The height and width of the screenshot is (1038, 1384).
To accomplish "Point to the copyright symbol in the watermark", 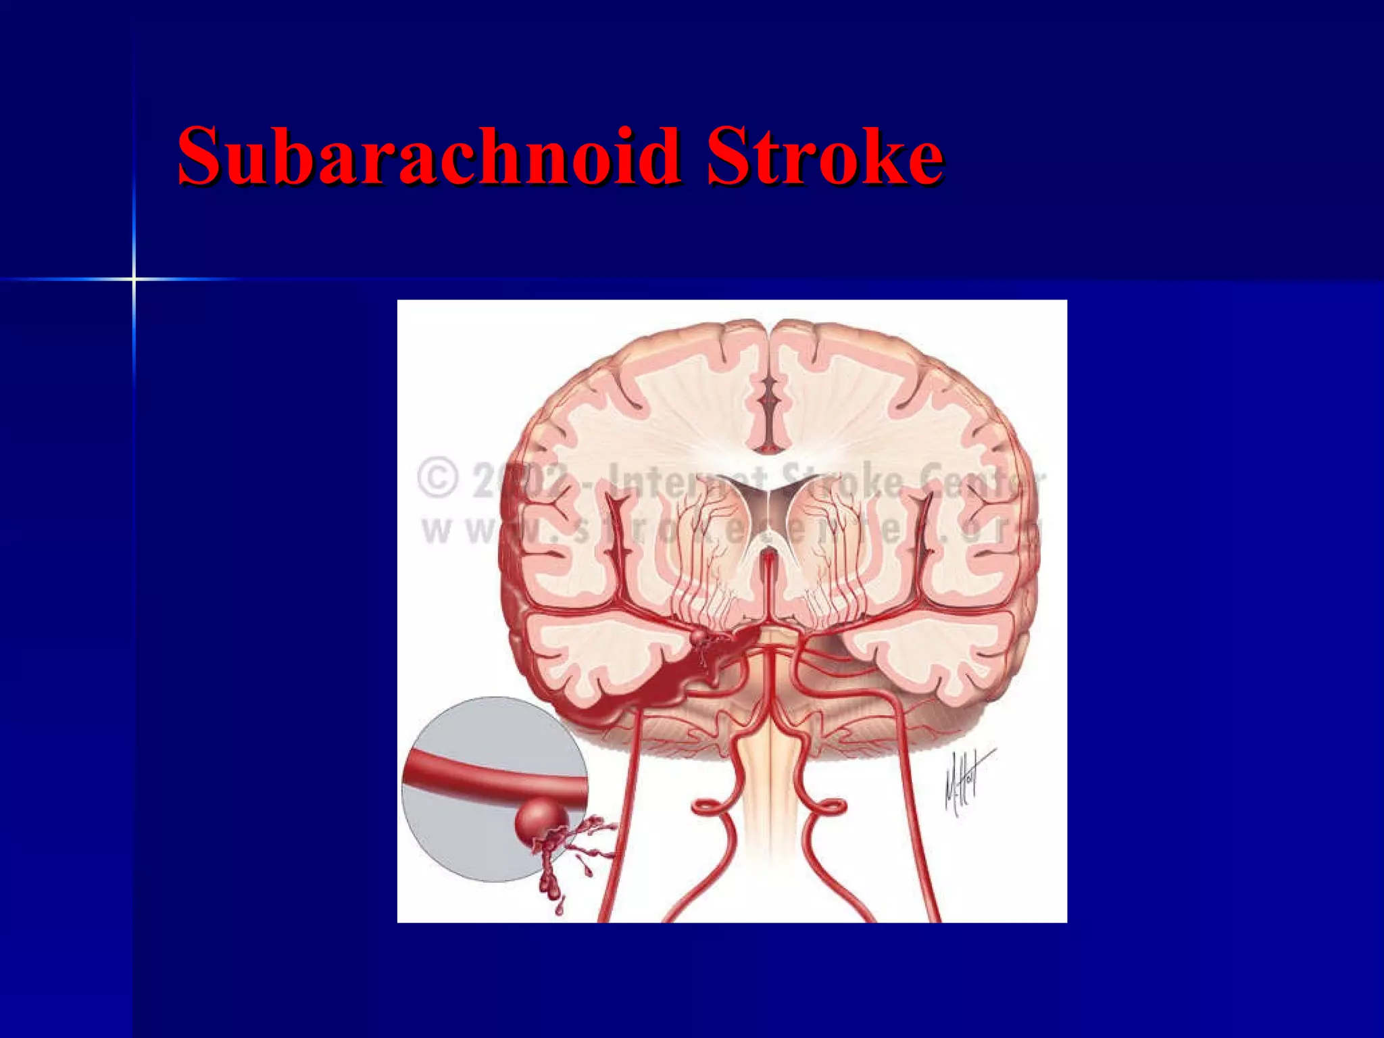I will point(438,478).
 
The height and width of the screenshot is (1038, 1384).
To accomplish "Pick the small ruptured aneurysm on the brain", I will point(697,637).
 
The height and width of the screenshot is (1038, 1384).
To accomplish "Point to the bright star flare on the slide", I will point(134,278).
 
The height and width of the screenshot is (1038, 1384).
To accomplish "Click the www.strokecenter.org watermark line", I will point(730,531).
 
